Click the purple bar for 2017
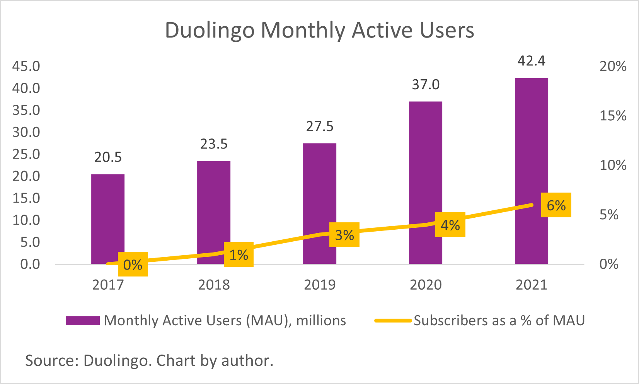tap(108, 217)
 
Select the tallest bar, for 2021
tap(531, 170)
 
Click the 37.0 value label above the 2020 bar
tap(426, 85)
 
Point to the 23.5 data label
tap(214, 144)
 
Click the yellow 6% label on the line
tap(556, 205)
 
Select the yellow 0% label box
tap(133, 265)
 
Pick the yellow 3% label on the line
tap(344, 235)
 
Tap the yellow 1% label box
tap(239, 254)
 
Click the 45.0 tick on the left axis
tap(26, 66)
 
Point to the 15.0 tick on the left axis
tap(26, 198)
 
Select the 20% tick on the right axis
tap(613, 66)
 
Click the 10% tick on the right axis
tap(613, 165)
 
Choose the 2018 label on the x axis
tap(214, 285)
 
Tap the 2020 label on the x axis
tap(426, 285)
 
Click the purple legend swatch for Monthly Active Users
tap(82, 321)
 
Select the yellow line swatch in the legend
tap(393, 321)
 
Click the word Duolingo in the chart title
tap(209, 30)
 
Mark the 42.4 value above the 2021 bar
tap(531, 61)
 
